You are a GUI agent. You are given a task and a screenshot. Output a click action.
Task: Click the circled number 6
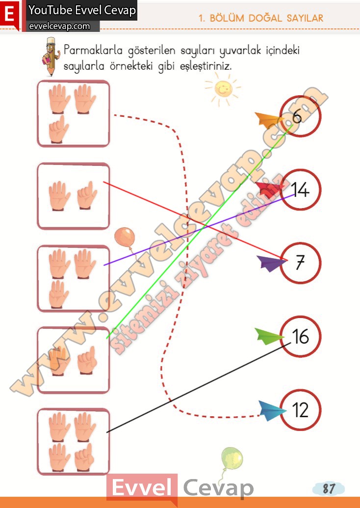click(x=300, y=116)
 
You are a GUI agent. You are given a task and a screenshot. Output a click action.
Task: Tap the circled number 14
click(x=300, y=189)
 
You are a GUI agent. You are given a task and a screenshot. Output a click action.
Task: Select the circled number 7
click(x=300, y=263)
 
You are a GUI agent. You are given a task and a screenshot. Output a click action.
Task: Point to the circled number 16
click(x=300, y=336)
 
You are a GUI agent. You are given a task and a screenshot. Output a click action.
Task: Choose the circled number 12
click(x=300, y=410)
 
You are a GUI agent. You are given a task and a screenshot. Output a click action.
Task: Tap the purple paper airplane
click(x=271, y=263)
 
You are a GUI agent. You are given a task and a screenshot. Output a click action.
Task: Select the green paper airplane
click(x=268, y=336)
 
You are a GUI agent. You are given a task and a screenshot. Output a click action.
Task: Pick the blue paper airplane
click(x=272, y=410)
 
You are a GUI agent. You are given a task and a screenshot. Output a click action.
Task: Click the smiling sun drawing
click(x=223, y=89)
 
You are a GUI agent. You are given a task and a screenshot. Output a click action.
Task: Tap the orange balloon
click(x=125, y=238)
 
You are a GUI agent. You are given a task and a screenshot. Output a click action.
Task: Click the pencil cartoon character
click(x=51, y=56)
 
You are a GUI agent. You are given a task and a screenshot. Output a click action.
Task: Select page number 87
click(x=328, y=488)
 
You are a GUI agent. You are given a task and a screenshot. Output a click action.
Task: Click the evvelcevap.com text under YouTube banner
click(x=59, y=26)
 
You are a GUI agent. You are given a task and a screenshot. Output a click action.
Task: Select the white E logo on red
click(x=9, y=15)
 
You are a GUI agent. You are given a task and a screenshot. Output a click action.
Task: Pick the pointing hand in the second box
click(x=87, y=195)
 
